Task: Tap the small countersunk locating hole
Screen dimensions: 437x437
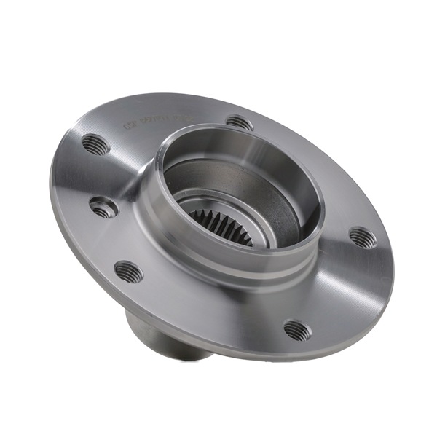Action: pyautogui.click(x=103, y=207)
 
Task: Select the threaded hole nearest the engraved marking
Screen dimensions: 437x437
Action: pyautogui.click(x=95, y=144)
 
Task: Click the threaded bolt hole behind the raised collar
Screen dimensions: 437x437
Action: pyautogui.click(x=239, y=122)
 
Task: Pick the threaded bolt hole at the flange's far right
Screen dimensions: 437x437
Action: pyautogui.click(x=363, y=237)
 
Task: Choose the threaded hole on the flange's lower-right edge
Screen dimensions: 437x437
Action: pyautogui.click(x=297, y=331)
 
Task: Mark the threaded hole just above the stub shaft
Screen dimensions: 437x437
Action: pyautogui.click(x=129, y=272)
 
